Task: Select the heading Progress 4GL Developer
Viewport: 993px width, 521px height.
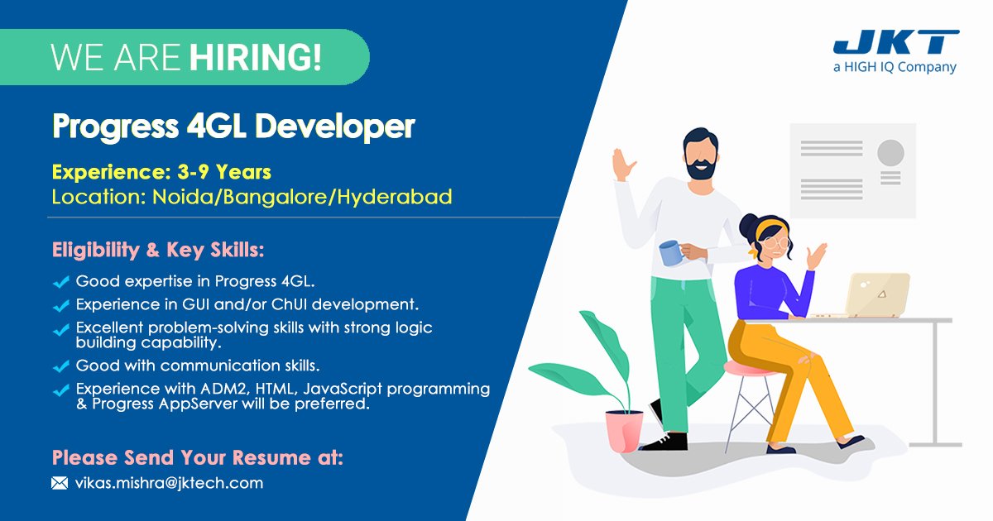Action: tap(233, 127)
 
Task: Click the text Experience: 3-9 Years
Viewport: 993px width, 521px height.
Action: tap(161, 173)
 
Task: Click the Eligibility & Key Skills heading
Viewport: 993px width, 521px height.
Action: tap(158, 250)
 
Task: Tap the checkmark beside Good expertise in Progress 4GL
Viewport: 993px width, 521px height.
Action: tap(60, 283)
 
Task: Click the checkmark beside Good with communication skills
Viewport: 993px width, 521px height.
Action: tap(60, 366)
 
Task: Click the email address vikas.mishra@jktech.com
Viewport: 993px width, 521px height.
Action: tap(169, 483)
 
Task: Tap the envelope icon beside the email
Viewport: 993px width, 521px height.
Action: tap(60, 483)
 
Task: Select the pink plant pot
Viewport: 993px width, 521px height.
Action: tap(624, 430)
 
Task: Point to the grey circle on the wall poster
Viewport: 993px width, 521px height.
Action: tap(890, 152)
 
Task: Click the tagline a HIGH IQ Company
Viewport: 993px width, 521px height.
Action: tap(895, 68)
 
